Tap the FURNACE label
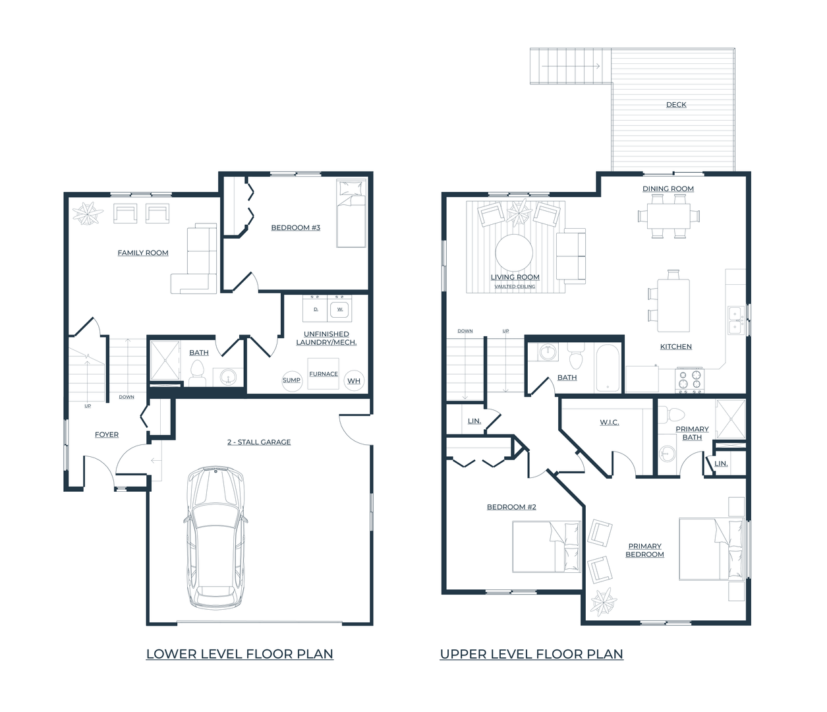click(x=324, y=374)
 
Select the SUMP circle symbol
click(x=291, y=380)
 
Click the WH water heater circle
click(x=354, y=380)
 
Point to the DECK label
click(x=676, y=104)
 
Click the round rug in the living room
click(x=514, y=253)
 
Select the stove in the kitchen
click(x=690, y=380)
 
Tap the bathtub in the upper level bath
click(x=608, y=367)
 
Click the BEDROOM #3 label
click(x=296, y=227)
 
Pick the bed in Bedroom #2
click(x=546, y=547)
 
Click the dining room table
click(x=669, y=216)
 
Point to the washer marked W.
click(x=339, y=309)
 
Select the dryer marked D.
click(x=315, y=309)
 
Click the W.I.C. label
click(x=610, y=422)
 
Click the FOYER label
click(x=107, y=434)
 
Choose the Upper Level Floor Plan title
click(x=532, y=654)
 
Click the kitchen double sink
click(x=737, y=320)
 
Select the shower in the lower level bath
click(x=165, y=360)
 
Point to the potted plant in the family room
click(x=86, y=214)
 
